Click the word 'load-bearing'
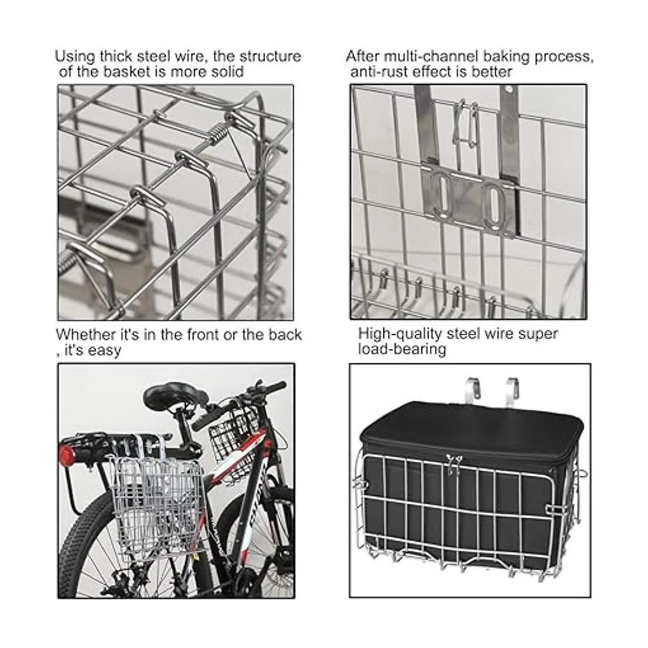[x=402, y=349]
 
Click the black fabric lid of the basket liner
[x=471, y=426]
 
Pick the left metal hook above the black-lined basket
[x=471, y=391]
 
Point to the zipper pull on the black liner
[x=451, y=462]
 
